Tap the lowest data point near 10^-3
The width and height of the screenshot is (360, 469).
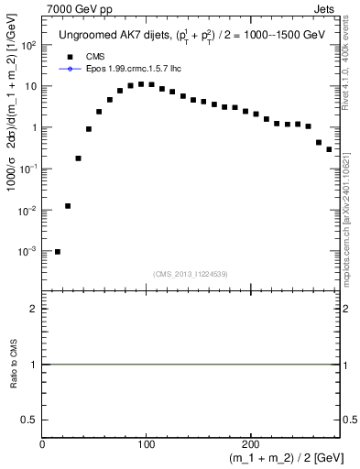pos(58,251)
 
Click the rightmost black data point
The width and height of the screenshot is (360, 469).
pos(329,148)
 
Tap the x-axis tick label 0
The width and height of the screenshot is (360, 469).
pos(42,443)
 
